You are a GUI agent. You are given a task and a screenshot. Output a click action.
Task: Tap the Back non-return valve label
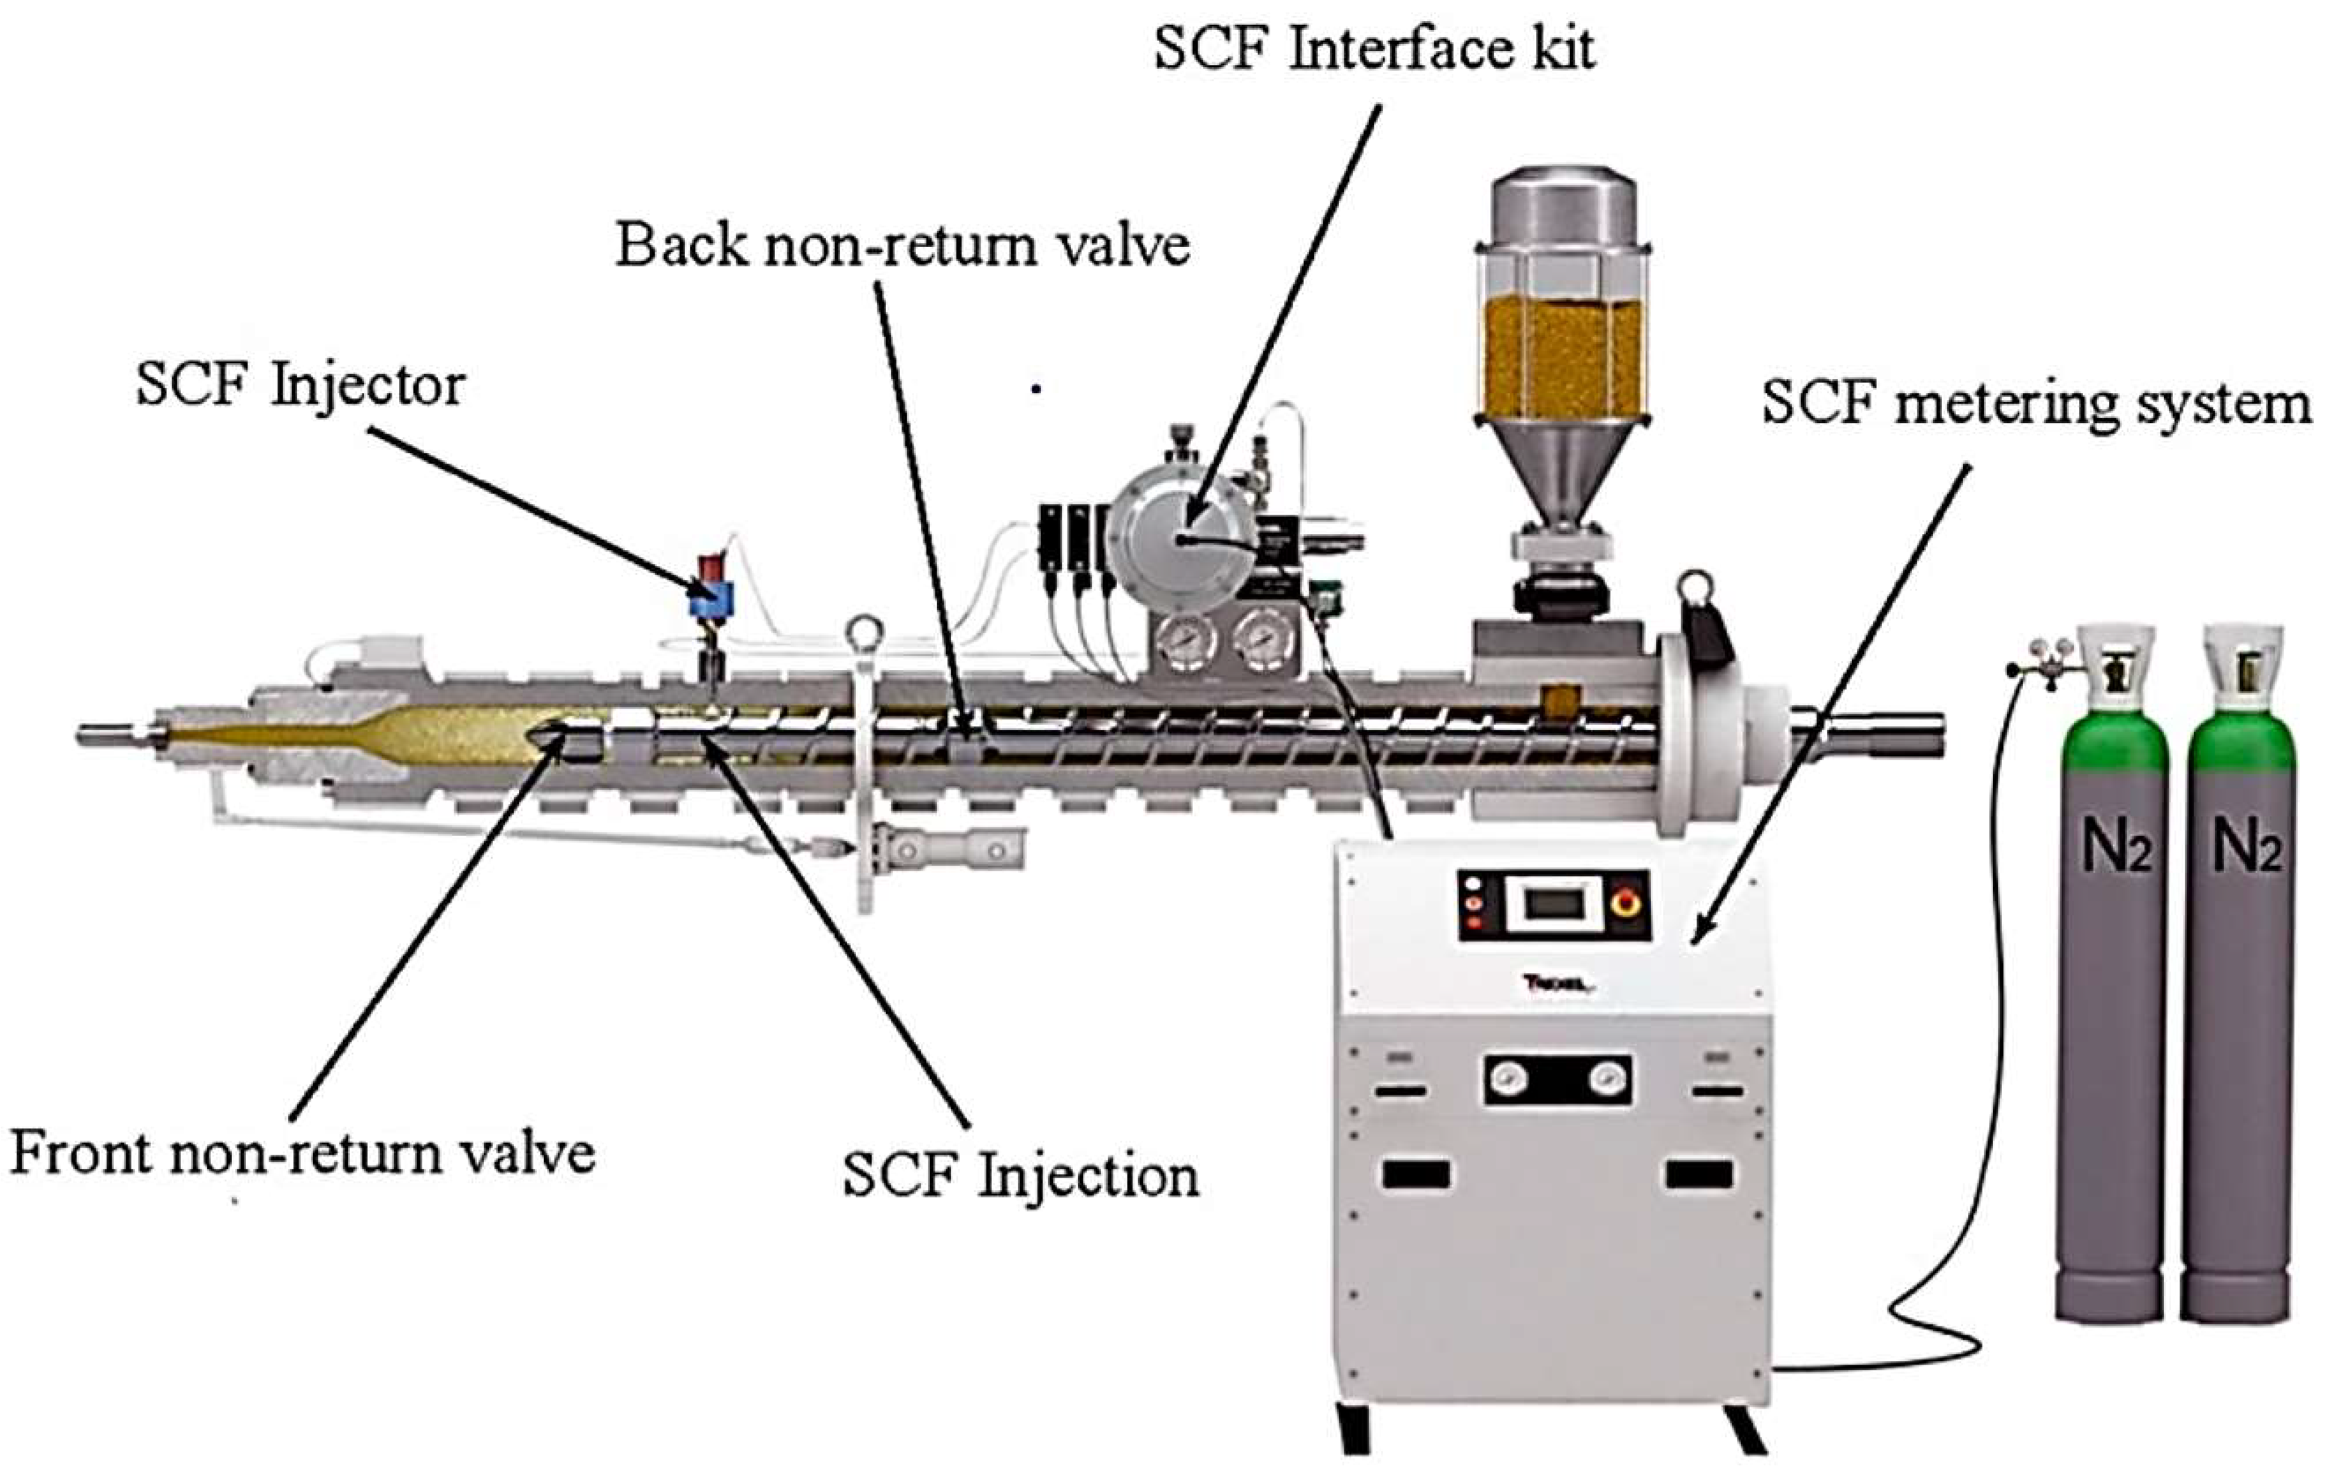pos(903,244)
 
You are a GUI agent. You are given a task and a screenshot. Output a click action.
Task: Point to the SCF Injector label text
pos(301,385)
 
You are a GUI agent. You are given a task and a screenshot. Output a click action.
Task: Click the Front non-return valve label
pos(301,1154)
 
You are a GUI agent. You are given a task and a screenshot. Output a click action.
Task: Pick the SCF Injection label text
pos(1021,1176)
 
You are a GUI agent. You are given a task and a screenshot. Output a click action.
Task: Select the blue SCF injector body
pos(711,599)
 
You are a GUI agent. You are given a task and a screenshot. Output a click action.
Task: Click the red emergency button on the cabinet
pos(1626,904)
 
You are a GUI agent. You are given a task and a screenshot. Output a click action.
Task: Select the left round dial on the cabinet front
pos(1507,1076)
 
